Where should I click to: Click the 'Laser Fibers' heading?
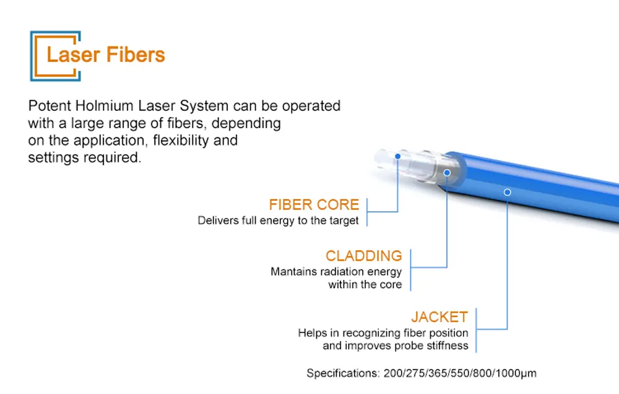106,55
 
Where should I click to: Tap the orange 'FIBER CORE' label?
314,204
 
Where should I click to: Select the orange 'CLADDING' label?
363,256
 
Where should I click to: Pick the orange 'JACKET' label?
439,317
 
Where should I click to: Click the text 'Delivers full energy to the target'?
278,221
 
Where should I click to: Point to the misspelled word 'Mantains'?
293,271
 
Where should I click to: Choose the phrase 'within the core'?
365,285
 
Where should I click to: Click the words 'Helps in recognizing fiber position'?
383,333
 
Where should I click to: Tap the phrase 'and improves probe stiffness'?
395,346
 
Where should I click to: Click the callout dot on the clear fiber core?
397,157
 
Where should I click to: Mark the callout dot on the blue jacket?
507,192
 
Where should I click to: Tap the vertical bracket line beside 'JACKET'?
477,328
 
